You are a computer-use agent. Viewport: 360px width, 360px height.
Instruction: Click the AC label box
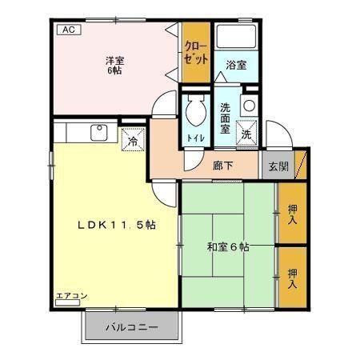pyautogui.click(x=68, y=30)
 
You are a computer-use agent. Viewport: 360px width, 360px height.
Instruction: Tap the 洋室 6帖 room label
pyautogui.click(x=115, y=66)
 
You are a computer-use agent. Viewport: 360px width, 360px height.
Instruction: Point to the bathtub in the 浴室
pyautogui.click(x=237, y=37)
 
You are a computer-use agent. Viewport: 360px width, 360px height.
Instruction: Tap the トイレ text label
pyautogui.click(x=194, y=138)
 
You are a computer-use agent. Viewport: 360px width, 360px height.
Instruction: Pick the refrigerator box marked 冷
pyautogui.click(x=133, y=139)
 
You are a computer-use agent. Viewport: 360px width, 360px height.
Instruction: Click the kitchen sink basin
pyautogui.click(x=100, y=131)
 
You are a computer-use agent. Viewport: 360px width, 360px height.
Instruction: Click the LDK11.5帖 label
pyautogui.click(x=115, y=226)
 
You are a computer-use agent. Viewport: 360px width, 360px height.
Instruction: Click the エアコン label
pyautogui.click(x=71, y=297)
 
